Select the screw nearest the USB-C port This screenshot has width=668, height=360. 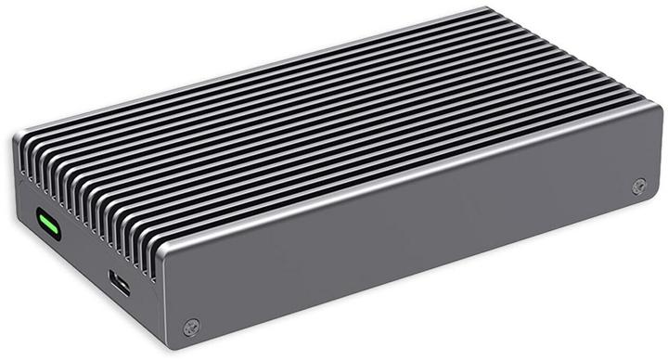191,326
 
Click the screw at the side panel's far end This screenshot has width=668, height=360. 637,186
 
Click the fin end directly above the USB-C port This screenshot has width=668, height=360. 122,213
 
